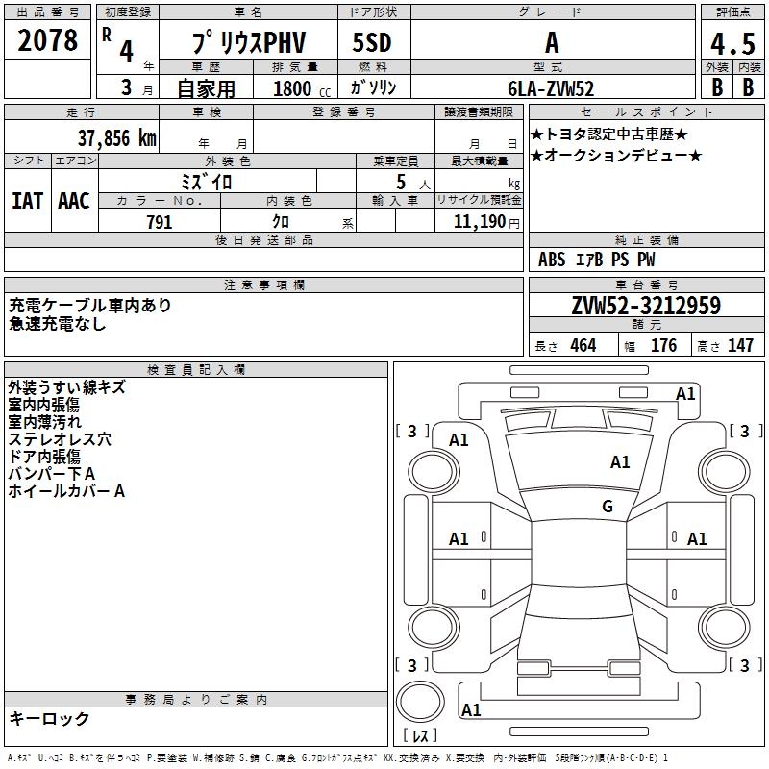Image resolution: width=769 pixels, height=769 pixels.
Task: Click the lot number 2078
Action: click(49, 41)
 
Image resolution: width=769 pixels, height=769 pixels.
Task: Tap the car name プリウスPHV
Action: click(247, 43)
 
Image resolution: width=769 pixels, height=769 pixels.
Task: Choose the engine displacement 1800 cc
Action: click(292, 88)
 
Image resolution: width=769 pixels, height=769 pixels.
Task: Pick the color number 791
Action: click(159, 222)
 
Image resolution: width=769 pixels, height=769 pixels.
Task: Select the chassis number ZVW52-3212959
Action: click(646, 306)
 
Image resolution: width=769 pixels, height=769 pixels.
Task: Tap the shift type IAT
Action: click(27, 201)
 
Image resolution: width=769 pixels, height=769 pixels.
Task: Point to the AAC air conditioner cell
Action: click(74, 201)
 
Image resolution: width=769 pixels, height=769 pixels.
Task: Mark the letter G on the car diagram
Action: click(608, 507)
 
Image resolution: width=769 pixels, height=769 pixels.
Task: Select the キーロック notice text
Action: click(50, 718)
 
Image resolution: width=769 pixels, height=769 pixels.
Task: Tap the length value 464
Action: click(583, 346)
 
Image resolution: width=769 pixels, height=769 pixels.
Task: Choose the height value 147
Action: click(740, 346)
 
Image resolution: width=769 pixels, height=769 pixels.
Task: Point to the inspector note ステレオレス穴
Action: click(60, 439)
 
